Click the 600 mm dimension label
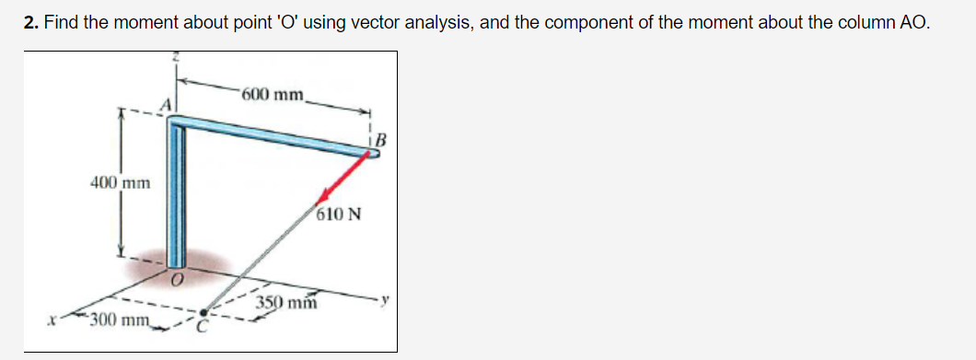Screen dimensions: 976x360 pos(273,94)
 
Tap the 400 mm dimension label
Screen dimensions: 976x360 pos(120,183)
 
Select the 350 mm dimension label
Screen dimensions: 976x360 pos(286,302)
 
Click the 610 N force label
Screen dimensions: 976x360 pos(338,216)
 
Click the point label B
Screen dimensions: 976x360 pos(381,141)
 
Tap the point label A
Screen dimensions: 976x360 pos(168,104)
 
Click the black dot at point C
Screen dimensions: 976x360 pos(208,313)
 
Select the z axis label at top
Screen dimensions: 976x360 pos(178,59)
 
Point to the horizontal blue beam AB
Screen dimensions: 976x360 pos(276,134)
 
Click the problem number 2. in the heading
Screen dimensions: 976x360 pos(31,22)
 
